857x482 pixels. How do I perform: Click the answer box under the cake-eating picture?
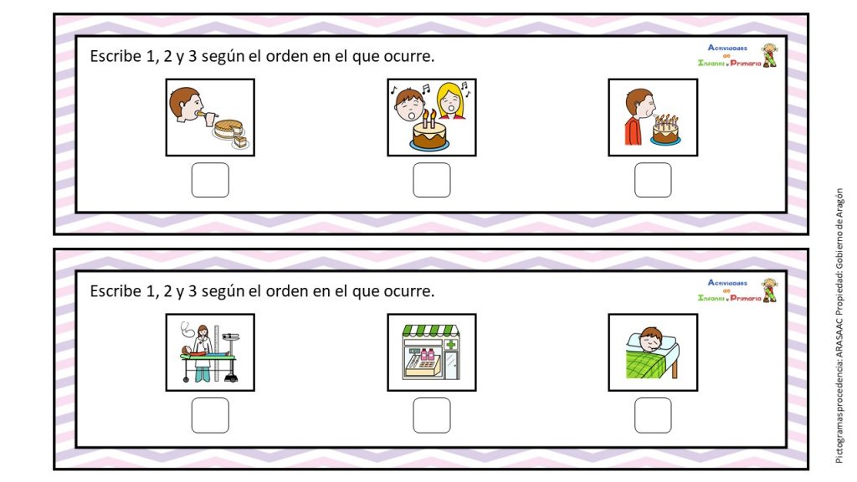click(210, 180)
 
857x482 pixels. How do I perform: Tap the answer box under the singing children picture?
click(431, 180)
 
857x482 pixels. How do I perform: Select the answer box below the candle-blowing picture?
click(653, 180)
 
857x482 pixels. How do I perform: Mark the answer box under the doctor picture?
click(210, 415)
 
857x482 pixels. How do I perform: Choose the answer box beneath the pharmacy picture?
click(431, 415)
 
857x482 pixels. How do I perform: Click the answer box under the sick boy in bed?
click(653, 415)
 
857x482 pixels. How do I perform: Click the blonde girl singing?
click(451, 101)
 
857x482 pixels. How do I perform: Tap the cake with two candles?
click(429, 134)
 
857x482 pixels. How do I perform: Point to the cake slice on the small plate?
click(240, 142)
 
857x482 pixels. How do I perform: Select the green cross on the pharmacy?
click(451, 344)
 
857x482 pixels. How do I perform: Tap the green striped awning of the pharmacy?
click(431, 330)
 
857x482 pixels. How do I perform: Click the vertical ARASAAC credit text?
click(839, 326)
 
